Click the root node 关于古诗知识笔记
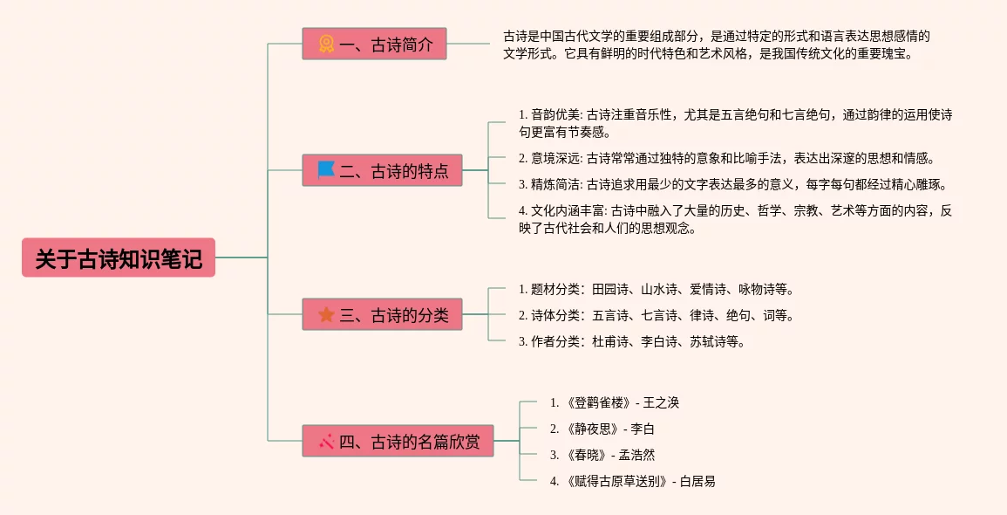119,257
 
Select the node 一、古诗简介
374,44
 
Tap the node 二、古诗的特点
382,170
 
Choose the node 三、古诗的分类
382,314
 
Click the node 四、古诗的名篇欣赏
398,441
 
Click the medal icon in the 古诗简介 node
326,44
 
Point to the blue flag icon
326,169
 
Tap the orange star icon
326,314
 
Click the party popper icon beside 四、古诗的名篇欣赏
326,441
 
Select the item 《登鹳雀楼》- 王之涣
614,402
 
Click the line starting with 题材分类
656,289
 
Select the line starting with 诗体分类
656,315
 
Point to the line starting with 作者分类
631,341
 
